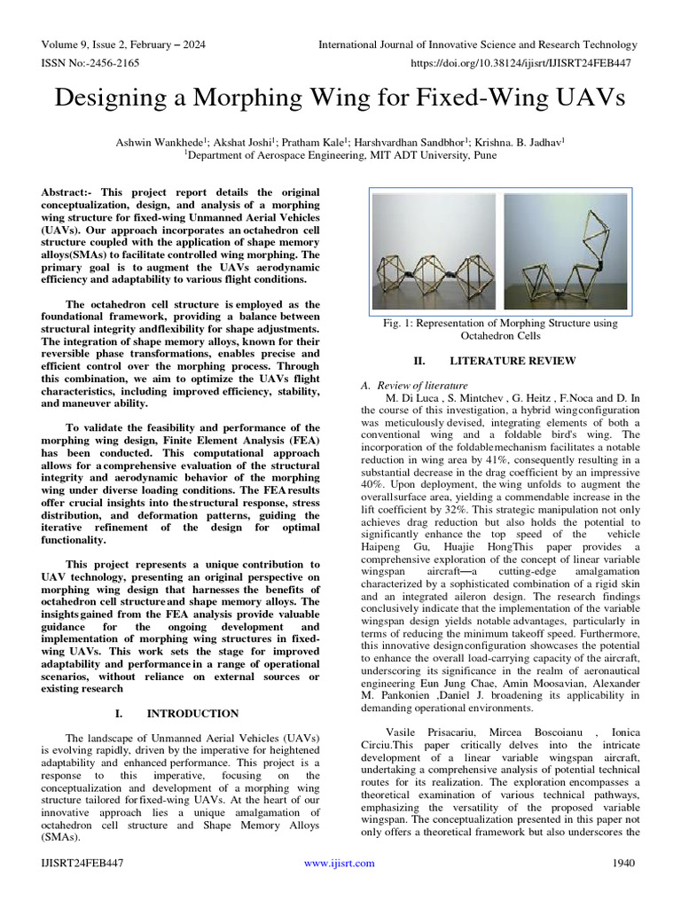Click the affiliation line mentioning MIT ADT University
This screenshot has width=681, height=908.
pyautogui.click(x=340, y=153)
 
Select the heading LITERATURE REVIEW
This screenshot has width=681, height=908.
pyautogui.click(x=513, y=361)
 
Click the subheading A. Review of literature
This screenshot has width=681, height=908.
pyautogui.click(x=413, y=386)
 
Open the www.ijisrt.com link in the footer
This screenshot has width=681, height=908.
pyautogui.click(x=339, y=864)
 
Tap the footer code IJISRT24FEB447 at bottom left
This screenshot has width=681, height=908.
pyautogui.click(x=80, y=864)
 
